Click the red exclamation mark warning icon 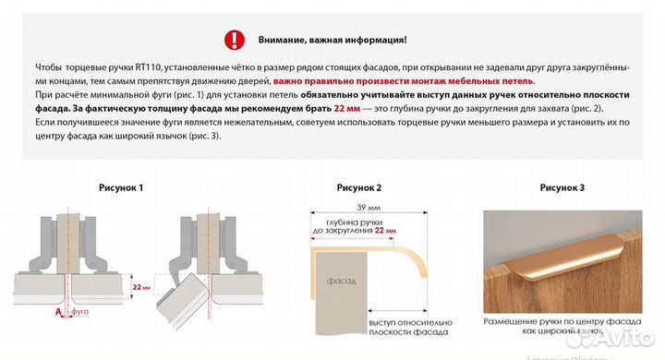tap(236, 40)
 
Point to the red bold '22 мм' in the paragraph tap(347, 108)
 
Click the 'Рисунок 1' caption tap(121, 187)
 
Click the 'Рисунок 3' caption tap(562, 187)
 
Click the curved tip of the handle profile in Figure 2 tap(418, 263)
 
